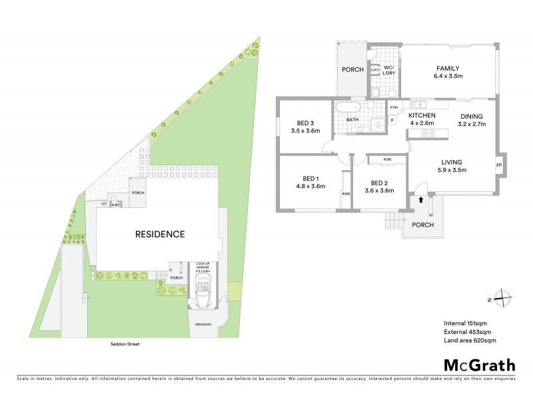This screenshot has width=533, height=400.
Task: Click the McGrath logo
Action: tap(479, 365)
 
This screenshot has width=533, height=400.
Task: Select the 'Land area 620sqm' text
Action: tap(470, 341)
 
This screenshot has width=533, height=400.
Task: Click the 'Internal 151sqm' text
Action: tap(467, 323)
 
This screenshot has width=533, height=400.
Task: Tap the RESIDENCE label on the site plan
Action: tap(160, 234)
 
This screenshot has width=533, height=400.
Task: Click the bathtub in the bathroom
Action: tap(348, 107)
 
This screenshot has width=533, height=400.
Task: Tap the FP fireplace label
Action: tap(498, 165)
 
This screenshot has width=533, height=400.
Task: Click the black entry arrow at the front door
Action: tap(420, 198)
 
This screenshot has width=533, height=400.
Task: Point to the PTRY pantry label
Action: tap(394, 108)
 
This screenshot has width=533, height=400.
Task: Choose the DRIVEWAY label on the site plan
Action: tap(204, 325)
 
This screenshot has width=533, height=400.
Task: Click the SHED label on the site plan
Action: tap(115, 205)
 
